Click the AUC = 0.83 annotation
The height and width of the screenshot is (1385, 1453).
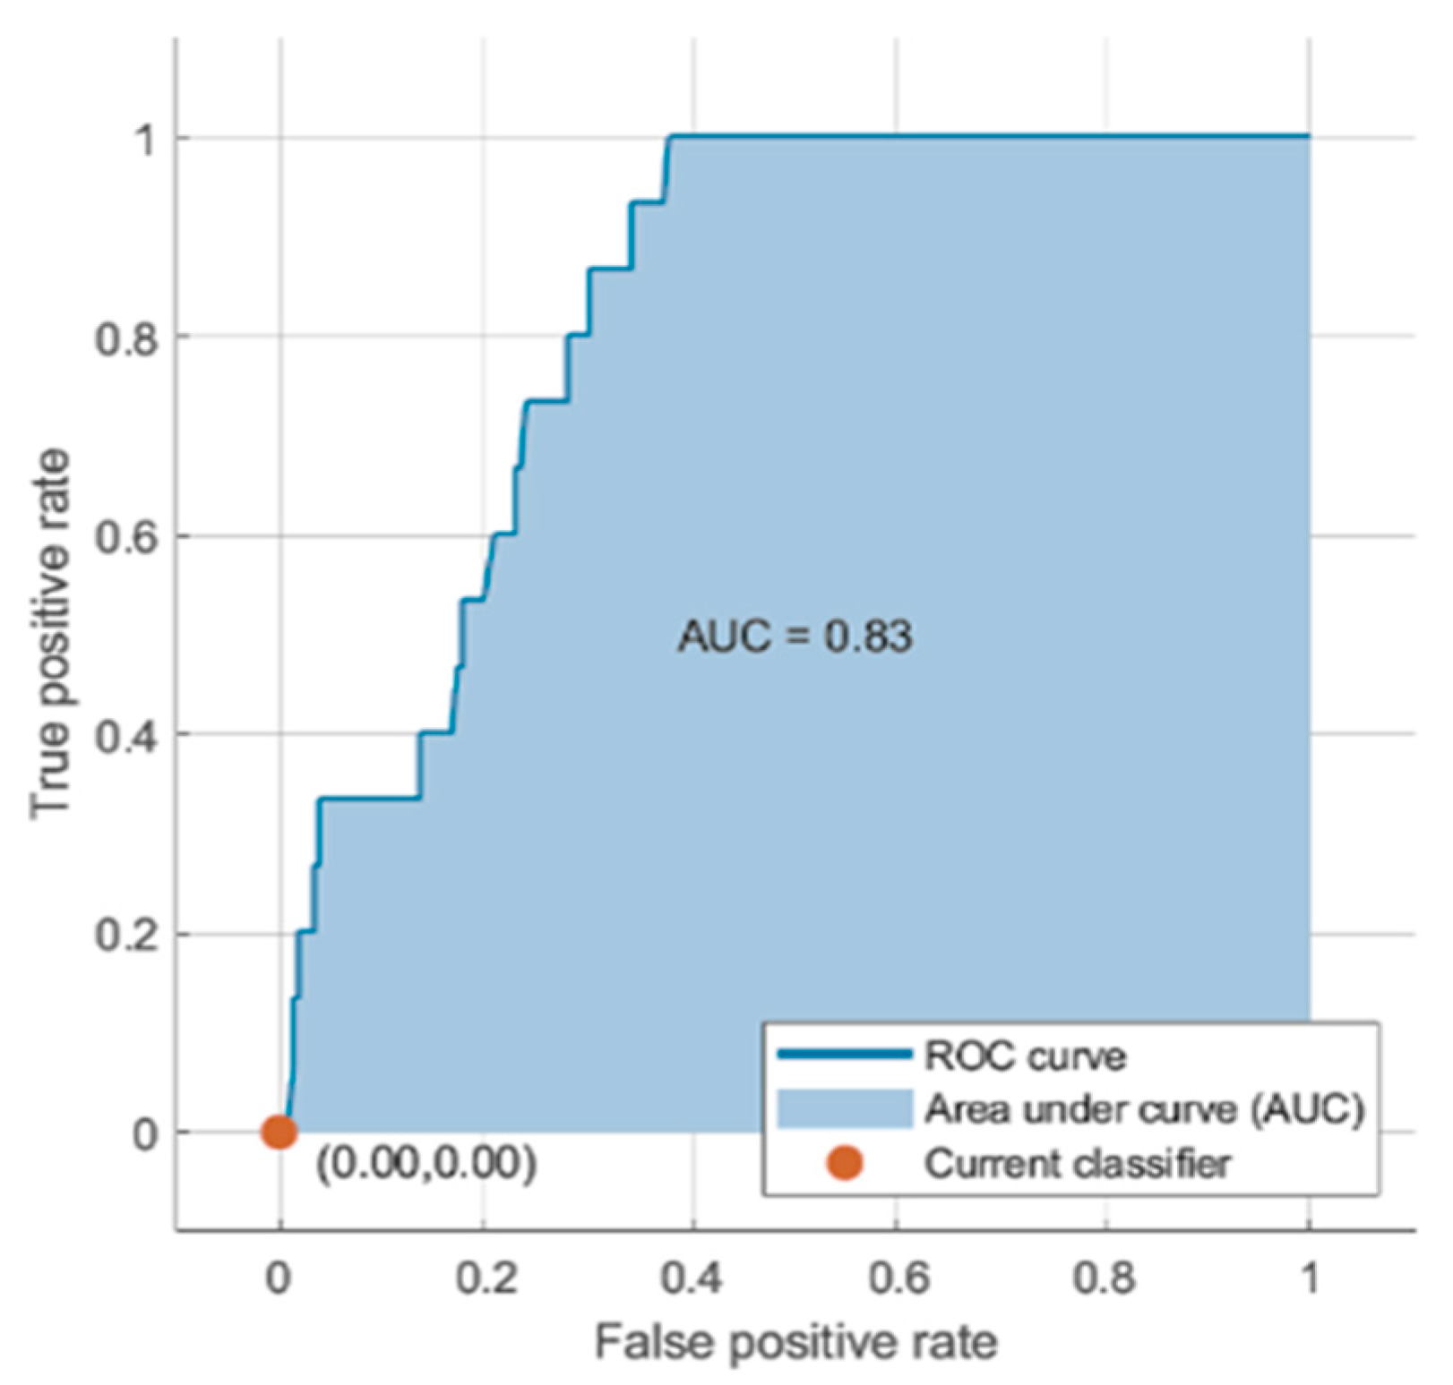tap(795, 637)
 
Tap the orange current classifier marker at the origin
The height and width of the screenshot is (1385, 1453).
tap(279, 1132)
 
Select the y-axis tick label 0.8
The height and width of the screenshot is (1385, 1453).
tap(126, 339)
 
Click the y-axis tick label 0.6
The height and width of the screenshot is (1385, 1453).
tap(126, 539)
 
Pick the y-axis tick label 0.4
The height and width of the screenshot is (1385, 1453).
tap(126, 737)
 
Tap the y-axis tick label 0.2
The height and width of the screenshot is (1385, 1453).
tap(126, 936)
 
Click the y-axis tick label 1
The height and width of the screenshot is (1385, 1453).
tap(143, 141)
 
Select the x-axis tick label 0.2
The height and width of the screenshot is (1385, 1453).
tap(486, 1278)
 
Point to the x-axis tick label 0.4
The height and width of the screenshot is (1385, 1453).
tap(692, 1278)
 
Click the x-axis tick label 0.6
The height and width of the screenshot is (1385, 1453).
tap(898, 1278)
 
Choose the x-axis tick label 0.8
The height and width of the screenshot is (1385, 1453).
tap(1105, 1278)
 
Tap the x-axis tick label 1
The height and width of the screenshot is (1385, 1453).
tap(1310, 1278)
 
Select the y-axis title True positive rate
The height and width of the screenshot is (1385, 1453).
tap(51, 635)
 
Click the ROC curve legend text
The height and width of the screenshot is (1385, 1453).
tap(1025, 1056)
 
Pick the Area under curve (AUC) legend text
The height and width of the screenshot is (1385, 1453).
tap(1144, 1110)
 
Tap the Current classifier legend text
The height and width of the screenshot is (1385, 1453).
tap(1078, 1164)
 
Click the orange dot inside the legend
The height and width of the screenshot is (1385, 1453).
tap(845, 1163)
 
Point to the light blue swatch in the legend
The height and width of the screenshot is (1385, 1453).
tap(845, 1109)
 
